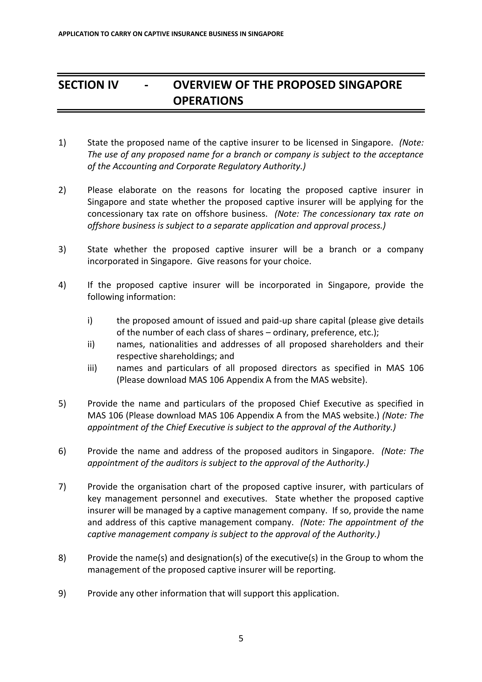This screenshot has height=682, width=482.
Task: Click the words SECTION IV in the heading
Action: coord(88,85)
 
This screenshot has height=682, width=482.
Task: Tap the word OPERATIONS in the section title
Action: coord(208,101)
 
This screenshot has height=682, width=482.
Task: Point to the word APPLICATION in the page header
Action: coord(75,34)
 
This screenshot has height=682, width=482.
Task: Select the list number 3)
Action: coord(62,249)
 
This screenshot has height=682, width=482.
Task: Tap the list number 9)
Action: coord(62,593)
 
